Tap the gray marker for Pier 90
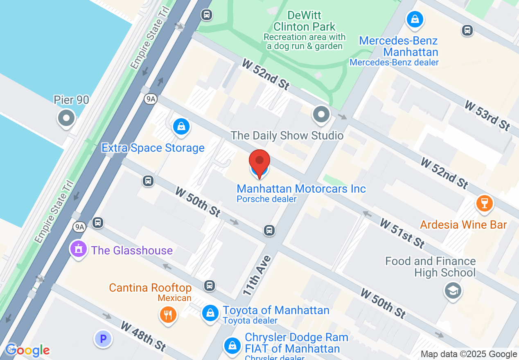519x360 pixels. click(x=66, y=119)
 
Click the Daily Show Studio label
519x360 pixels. click(x=287, y=135)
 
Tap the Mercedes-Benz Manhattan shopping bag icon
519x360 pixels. click(x=415, y=19)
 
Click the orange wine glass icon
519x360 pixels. click(x=485, y=203)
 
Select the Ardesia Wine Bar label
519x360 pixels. click(x=463, y=225)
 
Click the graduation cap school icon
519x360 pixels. click(x=453, y=291)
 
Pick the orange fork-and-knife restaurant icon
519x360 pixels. click(x=168, y=315)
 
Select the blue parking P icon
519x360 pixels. click(x=103, y=339)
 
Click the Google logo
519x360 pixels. click(x=27, y=350)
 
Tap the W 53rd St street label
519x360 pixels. click(x=487, y=116)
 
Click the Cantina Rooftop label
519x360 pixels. click(x=150, y=288)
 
